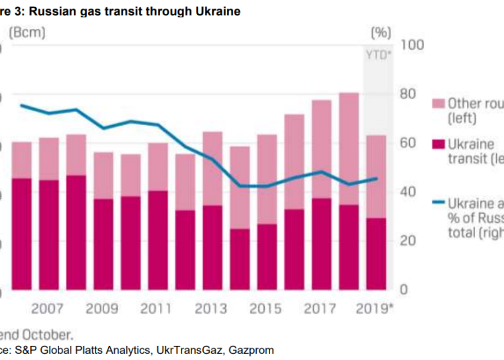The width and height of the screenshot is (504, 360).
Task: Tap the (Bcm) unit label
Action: [26, 32]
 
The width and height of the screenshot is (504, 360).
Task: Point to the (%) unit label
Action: [381, 32]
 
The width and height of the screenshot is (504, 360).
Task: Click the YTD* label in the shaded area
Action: [378, 55]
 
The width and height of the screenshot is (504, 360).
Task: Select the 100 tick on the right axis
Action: [412, 44]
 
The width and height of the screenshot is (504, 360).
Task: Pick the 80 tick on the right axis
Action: [409, 94]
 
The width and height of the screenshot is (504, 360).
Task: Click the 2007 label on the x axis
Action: [48, 309]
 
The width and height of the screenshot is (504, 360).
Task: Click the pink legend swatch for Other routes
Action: [437, 103]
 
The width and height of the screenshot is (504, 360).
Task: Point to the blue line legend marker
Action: [437, 202]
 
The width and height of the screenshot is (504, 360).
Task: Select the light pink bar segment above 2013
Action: [213, 168]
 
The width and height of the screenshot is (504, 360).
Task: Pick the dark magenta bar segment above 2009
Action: [103, 244]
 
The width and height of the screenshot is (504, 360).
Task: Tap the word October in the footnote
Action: [49, 334]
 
